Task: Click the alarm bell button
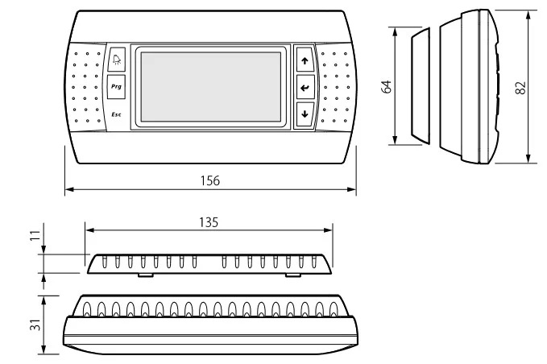[x=116, y=60]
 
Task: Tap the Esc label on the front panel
[x=116, y=114]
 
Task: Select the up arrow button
[x=305, y=60]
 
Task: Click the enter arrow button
[x=305, y=87]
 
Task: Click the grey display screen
[x=211, y=87]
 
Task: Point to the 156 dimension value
[x=210, y=180]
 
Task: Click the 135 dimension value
[x=209, y=222]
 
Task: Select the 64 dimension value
[x=386, y=86]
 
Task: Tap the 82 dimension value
[x=520, y=88]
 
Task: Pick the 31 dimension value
[x=36, y=325]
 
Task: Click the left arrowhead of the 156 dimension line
[x=69, y=189]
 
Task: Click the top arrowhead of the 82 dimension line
[x=528, y=14]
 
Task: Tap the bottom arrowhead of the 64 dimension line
[x=395, y=140]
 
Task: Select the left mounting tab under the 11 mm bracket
[x=146, y=275]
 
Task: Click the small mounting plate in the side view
[x=421, y=86]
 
